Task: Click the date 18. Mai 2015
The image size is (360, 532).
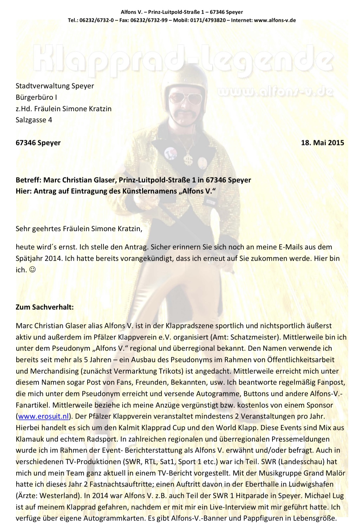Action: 322,142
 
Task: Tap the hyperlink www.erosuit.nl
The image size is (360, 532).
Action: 43,416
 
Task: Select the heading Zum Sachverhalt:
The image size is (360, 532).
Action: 45,307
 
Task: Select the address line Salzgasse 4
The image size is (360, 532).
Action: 34,120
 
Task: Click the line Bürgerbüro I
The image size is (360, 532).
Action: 36,97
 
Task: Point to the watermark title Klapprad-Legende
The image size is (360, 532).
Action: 183,59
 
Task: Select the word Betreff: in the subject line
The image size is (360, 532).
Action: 28,180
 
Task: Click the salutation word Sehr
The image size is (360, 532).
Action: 23,228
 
